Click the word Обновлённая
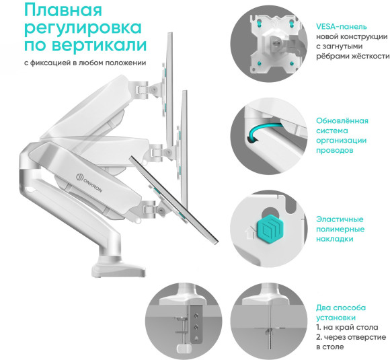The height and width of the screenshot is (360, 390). [342, 120]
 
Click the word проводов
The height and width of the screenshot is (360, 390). [334, 151]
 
